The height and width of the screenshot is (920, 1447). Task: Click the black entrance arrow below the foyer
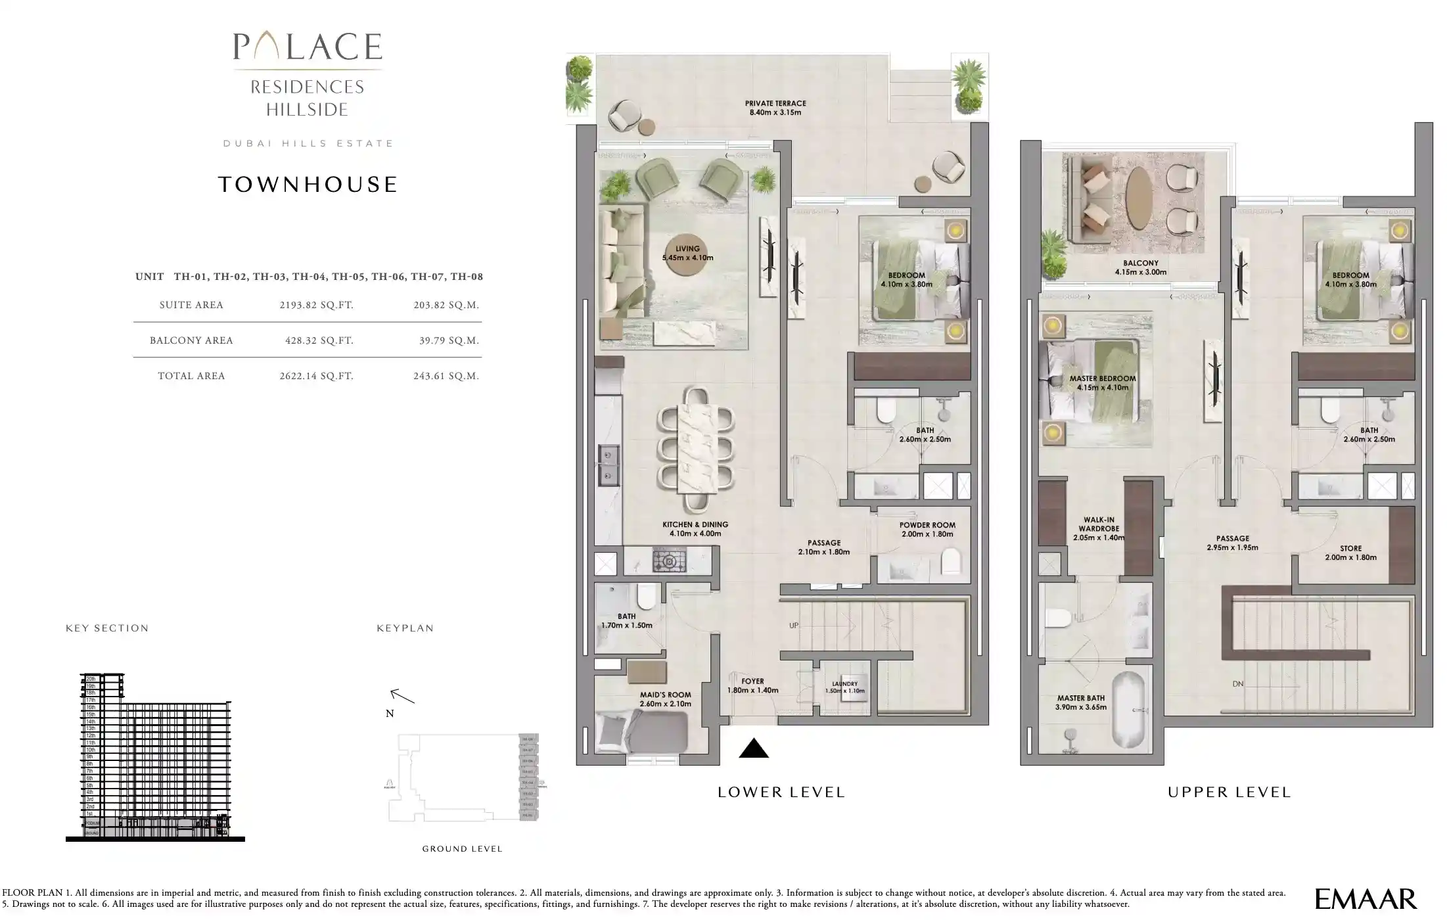753,748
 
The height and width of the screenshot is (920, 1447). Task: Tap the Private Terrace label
775,108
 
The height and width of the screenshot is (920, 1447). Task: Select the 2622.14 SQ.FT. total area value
316,376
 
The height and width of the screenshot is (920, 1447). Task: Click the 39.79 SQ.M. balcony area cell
449,340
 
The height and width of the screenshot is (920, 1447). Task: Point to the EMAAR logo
1366,898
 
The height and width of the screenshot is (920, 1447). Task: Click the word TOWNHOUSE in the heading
308,185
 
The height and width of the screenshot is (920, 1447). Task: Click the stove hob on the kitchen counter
669,561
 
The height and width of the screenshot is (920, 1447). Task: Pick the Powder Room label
927,530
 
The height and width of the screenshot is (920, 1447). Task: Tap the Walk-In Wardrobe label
1099,528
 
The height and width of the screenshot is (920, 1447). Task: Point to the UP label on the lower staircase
794,626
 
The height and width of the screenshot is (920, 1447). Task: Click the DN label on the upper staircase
1238,684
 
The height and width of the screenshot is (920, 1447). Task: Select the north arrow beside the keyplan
402,696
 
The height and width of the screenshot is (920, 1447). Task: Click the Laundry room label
844,687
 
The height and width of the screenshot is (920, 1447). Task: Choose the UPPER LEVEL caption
1229,793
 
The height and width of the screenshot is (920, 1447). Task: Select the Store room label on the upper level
1350,553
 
